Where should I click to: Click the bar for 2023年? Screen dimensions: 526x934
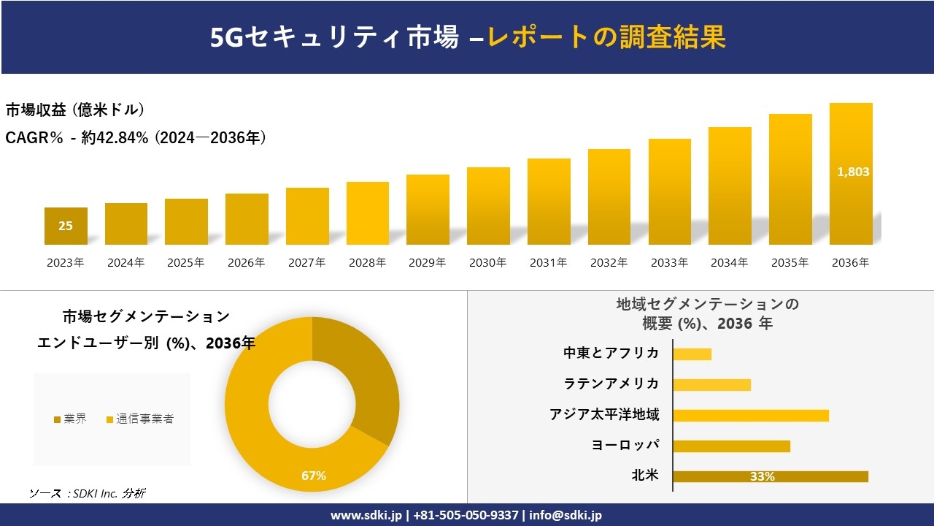pos(66,226)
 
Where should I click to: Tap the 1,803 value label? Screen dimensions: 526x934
pos(852,172)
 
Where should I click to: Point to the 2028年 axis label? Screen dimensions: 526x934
pos(367,263)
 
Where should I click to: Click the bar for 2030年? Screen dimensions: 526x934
pos(488,206)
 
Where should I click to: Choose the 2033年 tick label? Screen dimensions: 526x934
pos(669,263)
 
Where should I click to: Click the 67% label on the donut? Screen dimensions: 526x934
pos(314,476)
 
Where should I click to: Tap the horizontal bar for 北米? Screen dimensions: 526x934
pos(770,476)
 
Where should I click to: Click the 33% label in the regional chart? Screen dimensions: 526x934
pos(762,476)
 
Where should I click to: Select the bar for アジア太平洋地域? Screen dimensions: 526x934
pos(750,416)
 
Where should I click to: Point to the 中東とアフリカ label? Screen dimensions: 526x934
pos(611,354)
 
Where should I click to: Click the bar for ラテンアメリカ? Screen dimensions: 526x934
pos(711,385)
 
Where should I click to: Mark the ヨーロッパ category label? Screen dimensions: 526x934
pos(625,446)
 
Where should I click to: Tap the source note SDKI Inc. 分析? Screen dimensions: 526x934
pos(88,494)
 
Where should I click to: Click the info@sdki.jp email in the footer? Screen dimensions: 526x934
pos(566,515)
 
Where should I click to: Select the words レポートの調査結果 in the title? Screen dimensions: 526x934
pos(606,37)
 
